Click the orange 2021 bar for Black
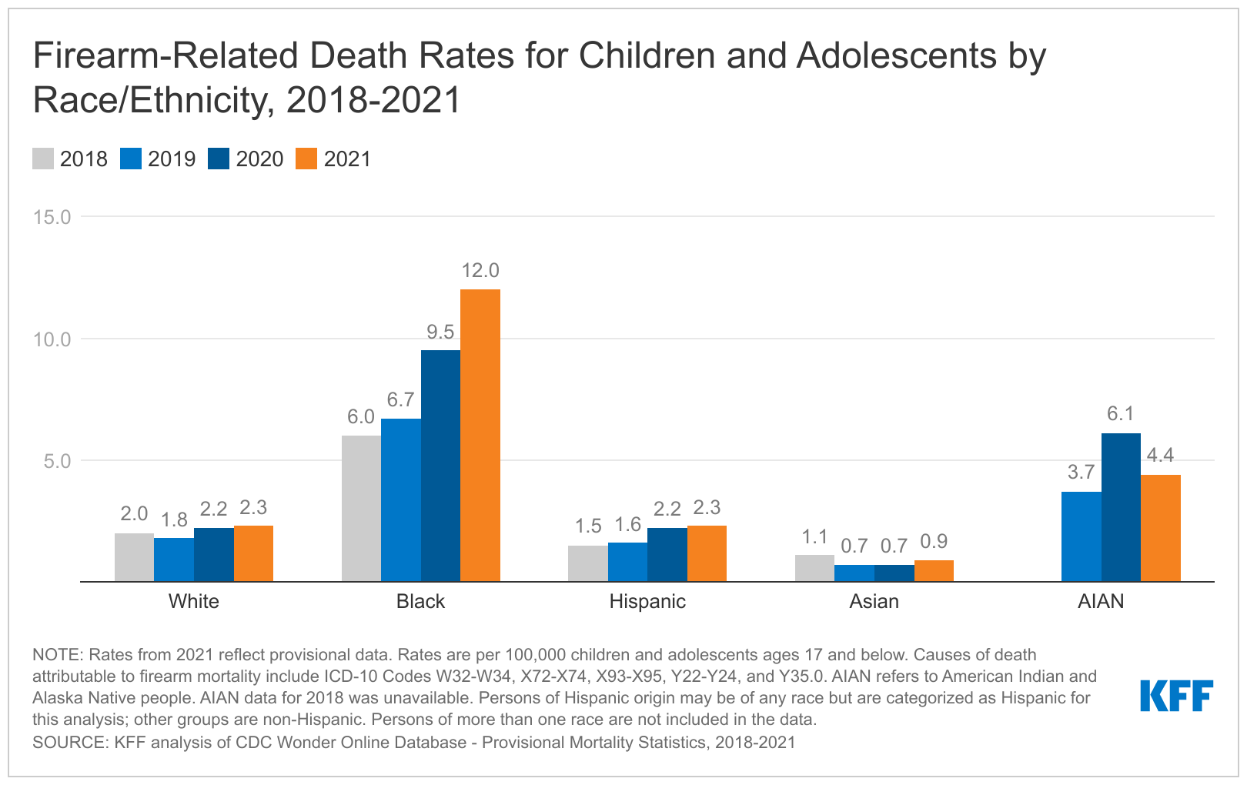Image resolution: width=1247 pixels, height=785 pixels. (480, 436)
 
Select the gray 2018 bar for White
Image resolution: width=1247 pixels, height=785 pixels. (134, 557)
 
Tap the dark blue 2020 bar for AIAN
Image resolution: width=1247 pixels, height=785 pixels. (1121, 508)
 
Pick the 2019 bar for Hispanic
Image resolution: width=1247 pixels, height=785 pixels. (627, 562)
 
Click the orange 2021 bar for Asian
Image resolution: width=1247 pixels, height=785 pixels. (934, 571)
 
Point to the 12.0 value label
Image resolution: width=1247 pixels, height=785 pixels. (480, 271)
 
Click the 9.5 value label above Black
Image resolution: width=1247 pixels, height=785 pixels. (440, 332)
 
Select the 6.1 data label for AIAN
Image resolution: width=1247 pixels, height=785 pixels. (1121, 414)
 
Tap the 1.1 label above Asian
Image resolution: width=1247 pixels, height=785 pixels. (814, 536)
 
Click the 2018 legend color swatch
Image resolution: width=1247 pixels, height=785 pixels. (43, 159)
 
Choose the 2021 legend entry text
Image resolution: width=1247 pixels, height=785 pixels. (347, 159)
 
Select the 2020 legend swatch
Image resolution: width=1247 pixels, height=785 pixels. (219, 159)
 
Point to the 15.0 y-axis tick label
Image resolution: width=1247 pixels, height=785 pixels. (52, 217)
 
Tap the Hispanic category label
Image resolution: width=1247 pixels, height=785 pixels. (647, 601)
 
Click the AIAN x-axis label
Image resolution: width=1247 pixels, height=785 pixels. (1101, 601)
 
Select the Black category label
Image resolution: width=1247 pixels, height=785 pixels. (420, 601)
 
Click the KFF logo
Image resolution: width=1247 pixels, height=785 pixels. (1176, 696)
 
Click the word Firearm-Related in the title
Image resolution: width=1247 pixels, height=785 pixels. (165, 56)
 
